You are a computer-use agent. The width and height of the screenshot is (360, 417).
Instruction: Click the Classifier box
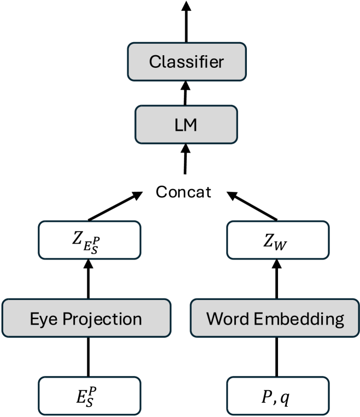point(186,61)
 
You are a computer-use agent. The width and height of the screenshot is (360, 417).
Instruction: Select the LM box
point(186,125)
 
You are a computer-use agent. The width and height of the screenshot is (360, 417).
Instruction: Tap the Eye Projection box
point(86,318)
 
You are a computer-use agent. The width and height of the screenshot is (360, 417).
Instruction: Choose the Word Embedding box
point(275,318)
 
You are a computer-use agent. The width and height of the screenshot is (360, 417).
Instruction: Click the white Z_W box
point(278,240)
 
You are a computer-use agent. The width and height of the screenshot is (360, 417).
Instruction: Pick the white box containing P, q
point(278,396)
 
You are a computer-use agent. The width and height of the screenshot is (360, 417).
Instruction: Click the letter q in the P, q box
point(285,398)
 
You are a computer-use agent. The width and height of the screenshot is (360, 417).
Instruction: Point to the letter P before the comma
point(266,397)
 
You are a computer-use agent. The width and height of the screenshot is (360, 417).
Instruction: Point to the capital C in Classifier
point(155,61)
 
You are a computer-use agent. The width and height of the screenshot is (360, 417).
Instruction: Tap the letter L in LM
point(179,125)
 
